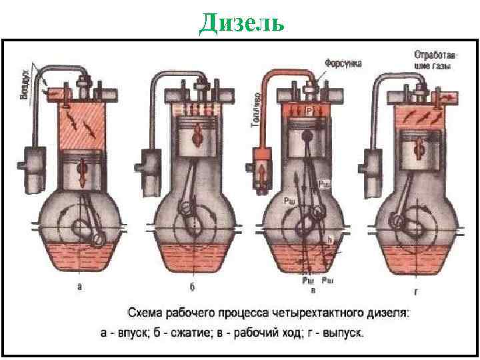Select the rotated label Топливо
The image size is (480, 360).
click(257, 109)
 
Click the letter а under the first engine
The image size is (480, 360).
click(81, 287)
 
